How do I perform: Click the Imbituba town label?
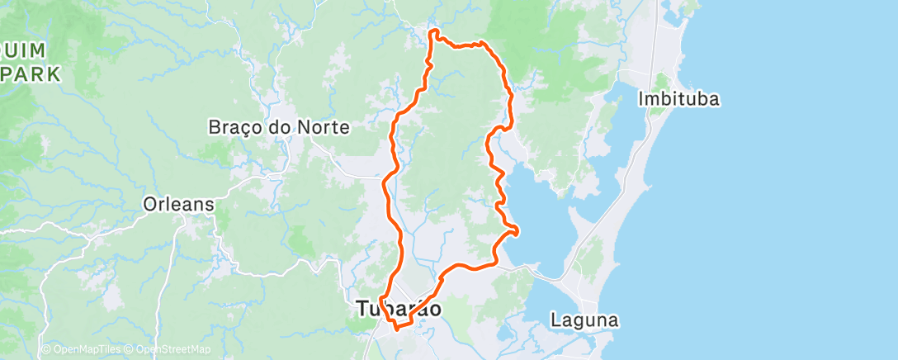(x=679, y=99)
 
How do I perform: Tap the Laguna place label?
(x=585, y=320)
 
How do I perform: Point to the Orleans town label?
(x=179, y=204)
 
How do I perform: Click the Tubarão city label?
(x=399, y=309)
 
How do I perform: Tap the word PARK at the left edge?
(x=31, y=74)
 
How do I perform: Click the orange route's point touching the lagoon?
(x=518, y=230)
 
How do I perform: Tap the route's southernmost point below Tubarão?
(x=397, y=328)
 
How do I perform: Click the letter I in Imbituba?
(x=641, y=99)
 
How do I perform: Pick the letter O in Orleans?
(x=149, y=204)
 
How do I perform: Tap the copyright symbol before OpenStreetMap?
(x=131, y=349)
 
